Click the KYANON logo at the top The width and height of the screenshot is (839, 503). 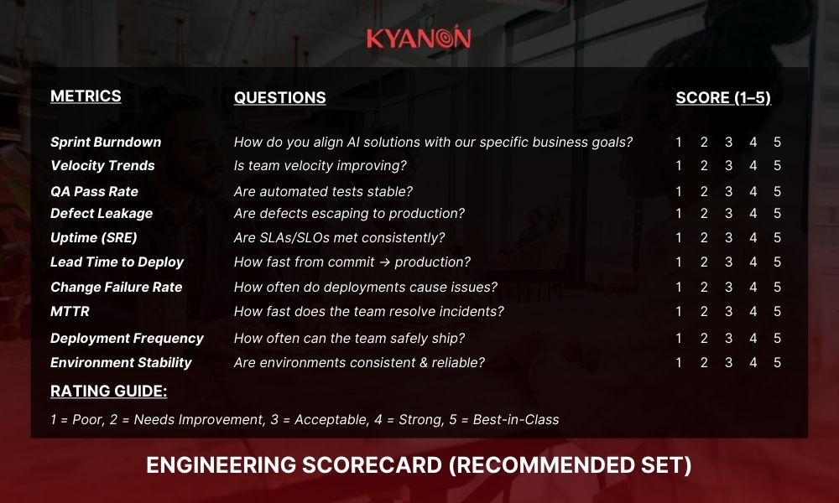419,38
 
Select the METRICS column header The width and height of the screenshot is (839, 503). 86,96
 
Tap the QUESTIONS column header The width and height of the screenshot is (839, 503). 279,98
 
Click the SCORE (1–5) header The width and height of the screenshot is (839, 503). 723,98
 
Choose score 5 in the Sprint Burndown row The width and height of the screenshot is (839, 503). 778,143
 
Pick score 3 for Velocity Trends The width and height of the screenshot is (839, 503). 728,166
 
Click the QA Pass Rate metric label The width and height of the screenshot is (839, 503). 94,191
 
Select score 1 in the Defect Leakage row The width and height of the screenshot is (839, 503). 679,214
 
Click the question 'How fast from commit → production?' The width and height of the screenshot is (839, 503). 352,262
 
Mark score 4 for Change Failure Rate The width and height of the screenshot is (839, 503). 753,287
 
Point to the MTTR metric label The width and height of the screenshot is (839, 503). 70,312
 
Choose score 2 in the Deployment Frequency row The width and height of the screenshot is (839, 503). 704,338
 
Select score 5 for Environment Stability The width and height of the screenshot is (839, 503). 778,363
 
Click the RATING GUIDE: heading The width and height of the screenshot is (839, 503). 108,392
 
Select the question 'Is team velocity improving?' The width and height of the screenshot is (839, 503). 320,166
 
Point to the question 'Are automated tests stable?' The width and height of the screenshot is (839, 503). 323,192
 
